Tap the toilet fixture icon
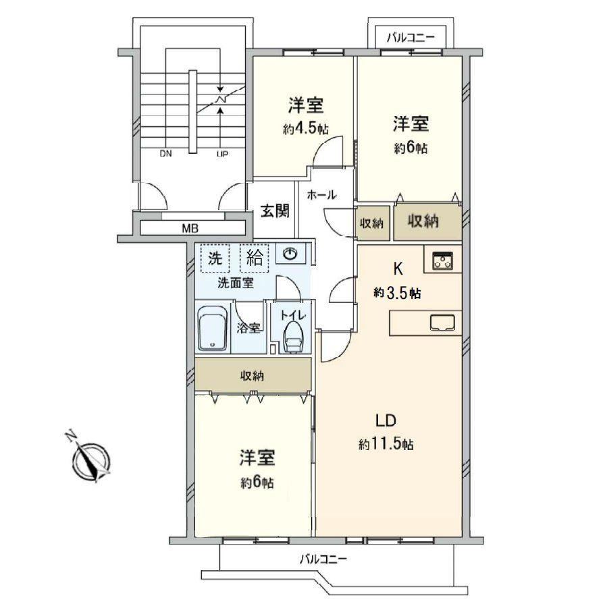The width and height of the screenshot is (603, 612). coord(293,337)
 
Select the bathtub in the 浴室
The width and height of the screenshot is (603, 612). coord(212,328)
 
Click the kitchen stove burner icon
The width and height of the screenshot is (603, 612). coord(442,260)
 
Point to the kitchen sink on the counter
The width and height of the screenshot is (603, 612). coord(442,323)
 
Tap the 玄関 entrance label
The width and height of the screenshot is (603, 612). coord(276,211)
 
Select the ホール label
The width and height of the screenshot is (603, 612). coord(322,194)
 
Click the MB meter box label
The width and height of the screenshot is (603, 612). coord(190,228)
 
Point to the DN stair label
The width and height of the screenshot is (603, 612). coord(165,154)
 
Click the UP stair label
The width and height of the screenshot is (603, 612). coord(222,154)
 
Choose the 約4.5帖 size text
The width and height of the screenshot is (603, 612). coord(306,129)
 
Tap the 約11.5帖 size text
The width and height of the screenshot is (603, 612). coord(386,444)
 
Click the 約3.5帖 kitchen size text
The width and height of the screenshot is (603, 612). coord(397,292)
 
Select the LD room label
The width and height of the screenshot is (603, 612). coord(386,421)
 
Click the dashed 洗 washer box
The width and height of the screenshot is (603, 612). coord(215,258)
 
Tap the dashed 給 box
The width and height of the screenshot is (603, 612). coord(255,258)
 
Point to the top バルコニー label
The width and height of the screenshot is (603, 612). coord(411,38)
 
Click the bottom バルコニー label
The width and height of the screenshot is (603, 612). coord(323,559)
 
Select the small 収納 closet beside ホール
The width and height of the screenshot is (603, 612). coord(372,223)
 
